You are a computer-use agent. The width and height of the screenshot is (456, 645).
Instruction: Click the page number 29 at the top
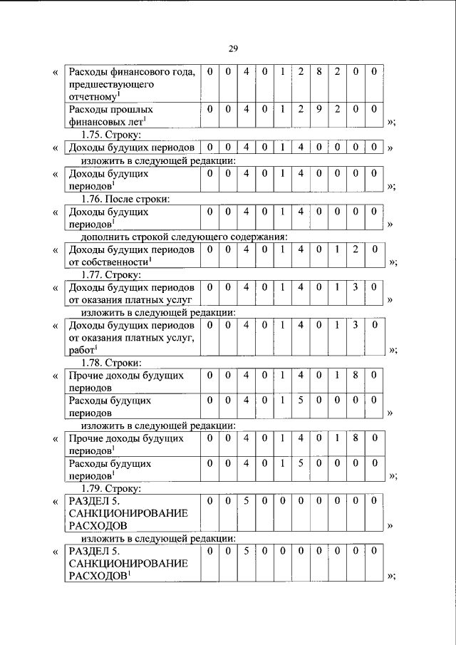[x=233, y=48]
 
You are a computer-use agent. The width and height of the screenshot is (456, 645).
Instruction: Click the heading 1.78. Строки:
[x=111, y=362]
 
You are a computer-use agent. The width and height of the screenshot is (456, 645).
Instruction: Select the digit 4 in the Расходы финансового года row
[x=246, y=72]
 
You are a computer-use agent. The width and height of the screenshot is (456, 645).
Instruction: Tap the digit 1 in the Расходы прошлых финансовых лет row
[x=283, y=110]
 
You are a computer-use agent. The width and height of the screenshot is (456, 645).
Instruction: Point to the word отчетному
[x=91, y=96]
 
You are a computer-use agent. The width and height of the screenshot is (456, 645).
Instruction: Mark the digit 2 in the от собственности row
[x=356, y=249]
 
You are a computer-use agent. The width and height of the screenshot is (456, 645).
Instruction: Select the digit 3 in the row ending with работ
[x=356, y=325]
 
